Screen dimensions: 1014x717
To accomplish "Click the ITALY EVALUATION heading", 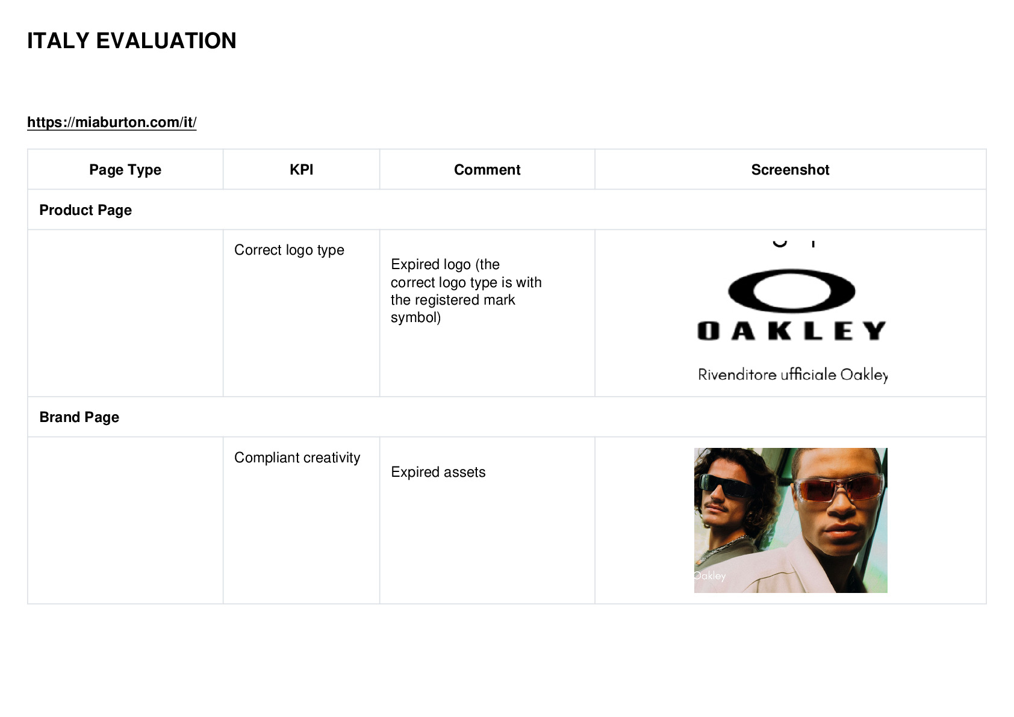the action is pyautogui.click(x=132, y=41).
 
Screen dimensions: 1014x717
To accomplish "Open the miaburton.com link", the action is pyautogui.click(x=112, y=122).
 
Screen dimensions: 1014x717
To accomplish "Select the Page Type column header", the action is pyautogui.click(x=125, y=170).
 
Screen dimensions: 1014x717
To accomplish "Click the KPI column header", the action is pyautogui.click(x=302, y=170).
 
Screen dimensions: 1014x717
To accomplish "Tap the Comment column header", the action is pyautogui.click(x=487, y=170).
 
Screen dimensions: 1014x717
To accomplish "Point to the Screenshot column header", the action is pyautogui.click(x=791, y=170).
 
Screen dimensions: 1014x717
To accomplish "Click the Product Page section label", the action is pyautogui.click(x=86, y=210).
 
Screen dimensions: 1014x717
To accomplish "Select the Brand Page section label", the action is pyautogui.click(x=79, y=417).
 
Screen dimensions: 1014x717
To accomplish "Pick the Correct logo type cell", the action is pyautogui.click(x=289, y=250).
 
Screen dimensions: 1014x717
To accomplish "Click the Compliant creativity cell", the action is pyautogui.click(x=297, y=458).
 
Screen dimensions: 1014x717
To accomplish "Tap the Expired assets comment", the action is pyautogui.click(x=438, y=472).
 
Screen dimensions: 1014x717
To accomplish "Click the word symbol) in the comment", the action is pyautogui.click(x=415, y=317).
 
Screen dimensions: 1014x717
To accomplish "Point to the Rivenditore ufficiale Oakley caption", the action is pyautogui.click(x=792, y=375).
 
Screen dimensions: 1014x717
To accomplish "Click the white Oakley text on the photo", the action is pyautogui.click(x=710, y=576).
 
